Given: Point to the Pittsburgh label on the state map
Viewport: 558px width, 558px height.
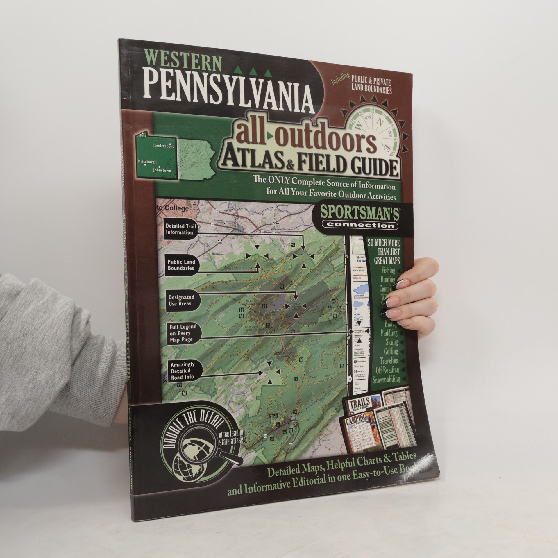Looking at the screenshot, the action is click(147, 162).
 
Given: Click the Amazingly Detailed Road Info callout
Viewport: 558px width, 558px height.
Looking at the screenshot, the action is click(183, 371).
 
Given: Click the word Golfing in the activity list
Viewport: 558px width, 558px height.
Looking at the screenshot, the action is click(391, 351).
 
